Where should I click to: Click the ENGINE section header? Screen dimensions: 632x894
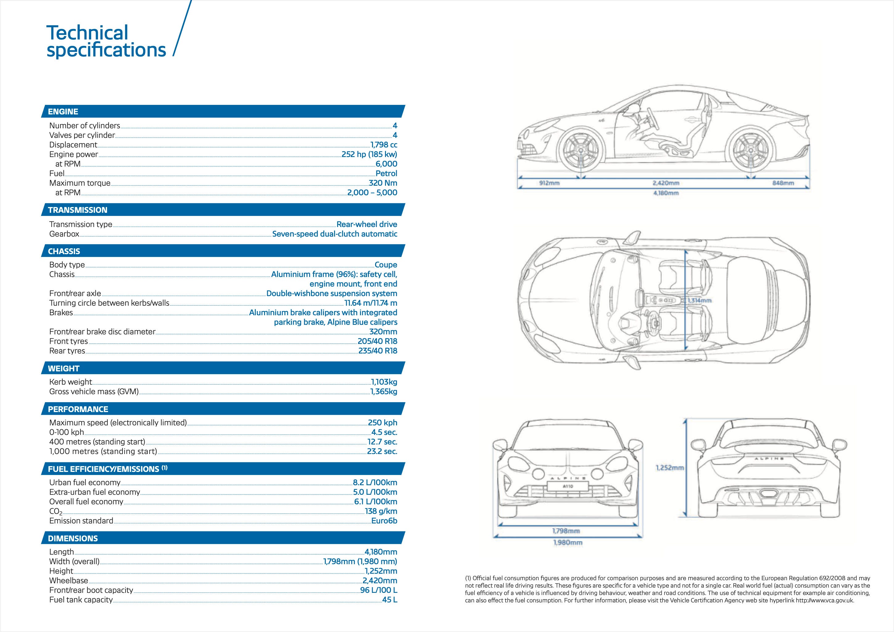(63, 112)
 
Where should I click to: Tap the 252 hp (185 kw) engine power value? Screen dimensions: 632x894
(369, 154)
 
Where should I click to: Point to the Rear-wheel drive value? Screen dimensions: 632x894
(367, 224)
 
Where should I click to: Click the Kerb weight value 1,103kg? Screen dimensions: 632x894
(384, 382)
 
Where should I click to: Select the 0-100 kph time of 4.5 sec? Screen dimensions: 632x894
(384, 432)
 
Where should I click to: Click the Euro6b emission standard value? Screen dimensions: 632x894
(384, 521)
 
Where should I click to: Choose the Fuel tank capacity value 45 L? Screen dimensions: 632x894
(389, 600)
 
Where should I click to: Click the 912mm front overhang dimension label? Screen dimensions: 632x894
(549, 183)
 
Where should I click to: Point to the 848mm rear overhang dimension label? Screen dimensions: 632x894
(783, 183)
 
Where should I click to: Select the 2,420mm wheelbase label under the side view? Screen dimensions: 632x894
(666, 183)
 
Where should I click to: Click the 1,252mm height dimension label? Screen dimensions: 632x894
(670, 468)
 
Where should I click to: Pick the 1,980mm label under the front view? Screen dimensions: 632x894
(568, 543)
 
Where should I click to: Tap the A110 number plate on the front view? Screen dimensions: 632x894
(568, 486)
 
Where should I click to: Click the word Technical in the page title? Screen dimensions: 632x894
(87, 33)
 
